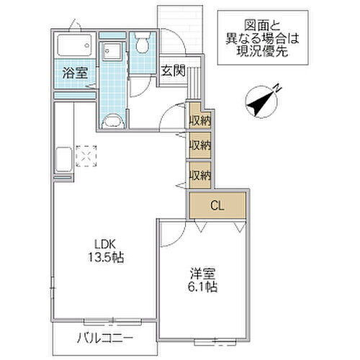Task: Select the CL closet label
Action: pos(217,206)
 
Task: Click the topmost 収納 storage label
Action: pos(199,121)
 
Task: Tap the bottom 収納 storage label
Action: pos(199,174)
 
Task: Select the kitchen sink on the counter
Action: pos(61,156)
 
